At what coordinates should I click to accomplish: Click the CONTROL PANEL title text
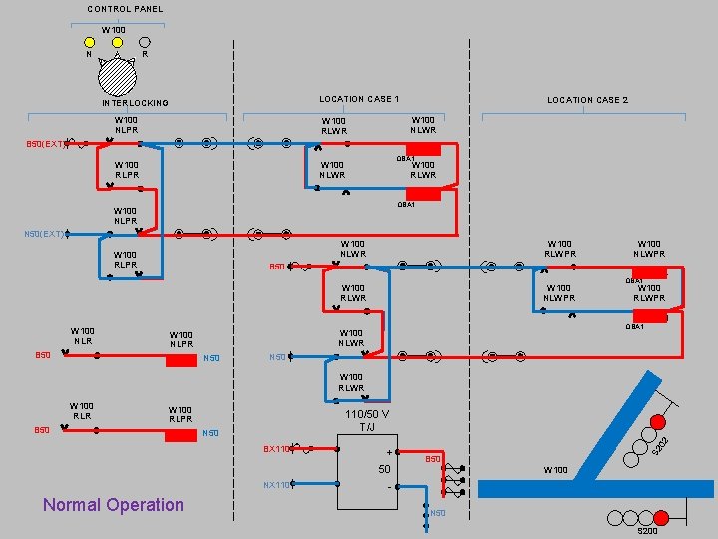click(x=125, y=9)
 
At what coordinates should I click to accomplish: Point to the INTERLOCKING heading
click(x=136, y=103)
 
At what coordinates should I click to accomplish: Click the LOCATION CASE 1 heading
click(x=359, y=99)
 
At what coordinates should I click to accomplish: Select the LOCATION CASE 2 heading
click(x=587, y=100)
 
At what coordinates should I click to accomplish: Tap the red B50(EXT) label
click(x=45, y=144)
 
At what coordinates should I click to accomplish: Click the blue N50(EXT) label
click(x=45, y=235)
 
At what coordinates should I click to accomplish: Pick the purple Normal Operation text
click(x=114, y=504)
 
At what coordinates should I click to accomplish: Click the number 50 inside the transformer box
click(x=383, y=469)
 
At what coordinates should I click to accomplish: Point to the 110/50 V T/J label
click(x=367, y=420)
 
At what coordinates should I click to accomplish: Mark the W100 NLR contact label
click(x=82, y=335)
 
